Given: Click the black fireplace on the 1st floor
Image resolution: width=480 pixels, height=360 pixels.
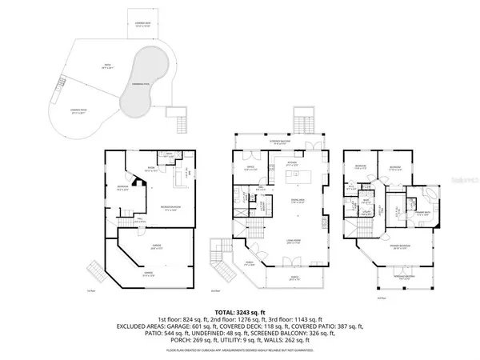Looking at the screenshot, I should click(137, 182).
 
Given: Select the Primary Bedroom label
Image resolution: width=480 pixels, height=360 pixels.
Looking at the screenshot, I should click(401, 247).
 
